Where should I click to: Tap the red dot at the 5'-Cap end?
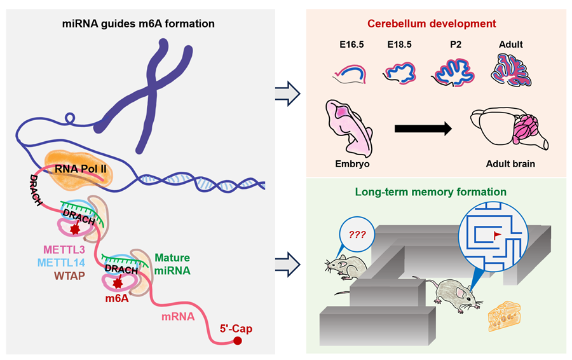click(238, 341)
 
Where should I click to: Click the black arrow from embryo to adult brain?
click(422, 129)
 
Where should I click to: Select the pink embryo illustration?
click(350, 127)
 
